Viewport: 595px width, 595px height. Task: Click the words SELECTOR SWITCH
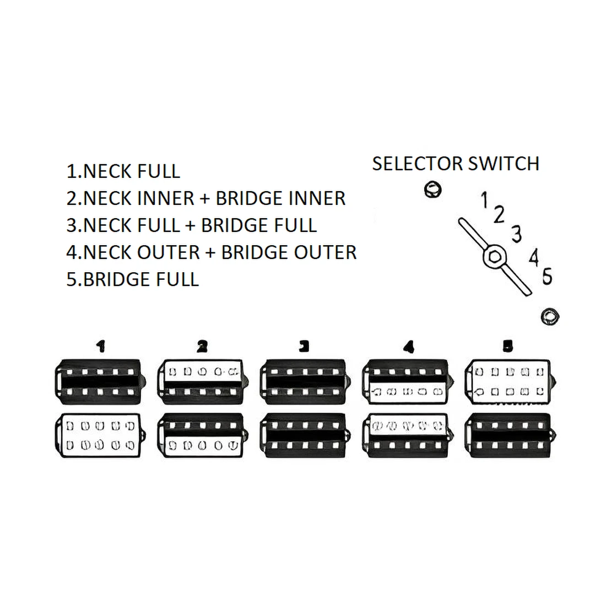456,164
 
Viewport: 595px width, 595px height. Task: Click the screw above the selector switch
432,190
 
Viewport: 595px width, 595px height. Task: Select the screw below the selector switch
549,316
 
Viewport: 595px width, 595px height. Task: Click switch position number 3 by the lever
516,234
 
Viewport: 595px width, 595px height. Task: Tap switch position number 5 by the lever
547,276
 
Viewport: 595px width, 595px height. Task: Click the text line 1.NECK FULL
123,171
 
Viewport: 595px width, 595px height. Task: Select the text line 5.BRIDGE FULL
133,279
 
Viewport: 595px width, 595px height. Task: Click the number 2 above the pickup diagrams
202,346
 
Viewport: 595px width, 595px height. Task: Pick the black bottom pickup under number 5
508,435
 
